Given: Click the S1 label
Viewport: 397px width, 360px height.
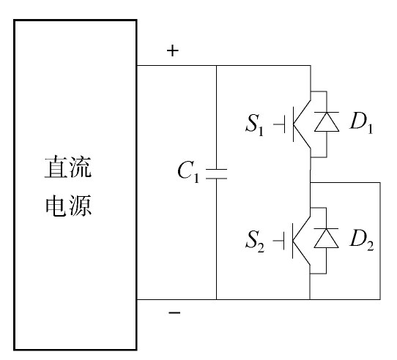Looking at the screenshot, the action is (x=255, y=124).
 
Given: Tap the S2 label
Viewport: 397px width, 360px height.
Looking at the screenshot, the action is (x=255, y=241).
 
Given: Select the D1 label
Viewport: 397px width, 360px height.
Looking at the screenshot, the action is (x=361, y=122).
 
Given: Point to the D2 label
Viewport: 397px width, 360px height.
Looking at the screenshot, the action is (x=362, y=239).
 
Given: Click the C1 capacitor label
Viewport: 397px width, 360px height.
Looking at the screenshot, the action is (x=189, y=171).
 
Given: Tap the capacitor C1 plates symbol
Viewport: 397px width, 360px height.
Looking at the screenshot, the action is (x=217, y=174).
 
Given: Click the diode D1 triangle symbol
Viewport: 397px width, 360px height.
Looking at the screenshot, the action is (x=327, y=121).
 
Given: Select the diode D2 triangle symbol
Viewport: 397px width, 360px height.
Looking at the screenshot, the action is (x=326, y=238).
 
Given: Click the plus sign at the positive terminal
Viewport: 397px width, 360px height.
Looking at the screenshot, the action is (x=173, y=50).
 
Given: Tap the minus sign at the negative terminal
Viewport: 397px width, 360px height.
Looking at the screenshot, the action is (x=174, y=312).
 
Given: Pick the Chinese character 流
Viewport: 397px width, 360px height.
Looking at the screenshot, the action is (x=81, y=167).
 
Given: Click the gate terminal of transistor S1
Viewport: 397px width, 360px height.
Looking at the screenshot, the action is (x=279, y=124).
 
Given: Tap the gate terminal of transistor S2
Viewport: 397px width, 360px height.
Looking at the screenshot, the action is (x=279, y=241).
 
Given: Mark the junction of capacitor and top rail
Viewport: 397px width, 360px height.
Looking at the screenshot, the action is (x=217, y=66).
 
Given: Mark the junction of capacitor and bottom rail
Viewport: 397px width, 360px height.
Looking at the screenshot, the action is (x=217, y=299).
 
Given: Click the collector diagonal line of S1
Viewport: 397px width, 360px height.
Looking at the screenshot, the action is (x=302, y=112).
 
